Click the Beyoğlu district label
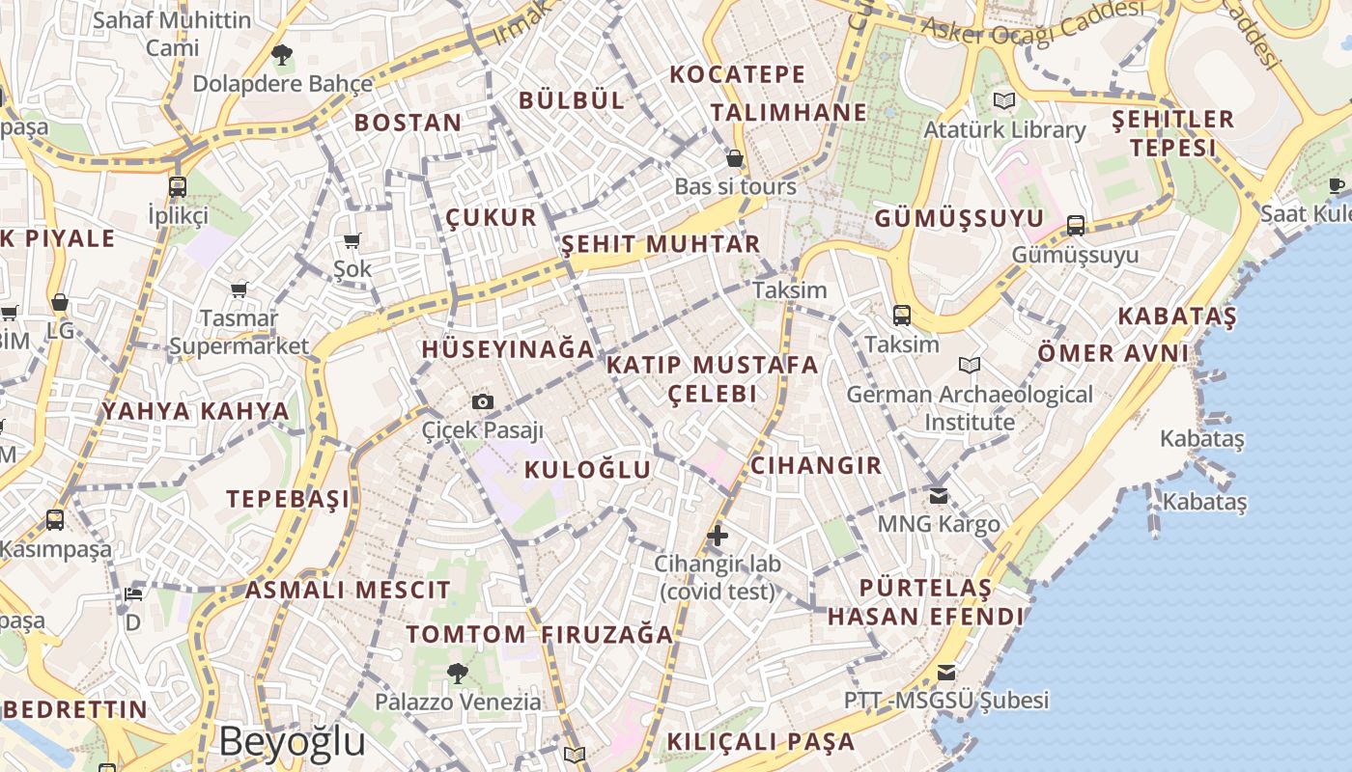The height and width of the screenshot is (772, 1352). point(292,741)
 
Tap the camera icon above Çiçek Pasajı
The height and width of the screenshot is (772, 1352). point(483,401)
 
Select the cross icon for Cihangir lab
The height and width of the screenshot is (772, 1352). point(717,535)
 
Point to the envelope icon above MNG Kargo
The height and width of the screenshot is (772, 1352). point(939,495)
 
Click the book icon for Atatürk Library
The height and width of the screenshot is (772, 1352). point(1004,100)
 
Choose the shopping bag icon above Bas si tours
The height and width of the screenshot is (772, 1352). point(735,158)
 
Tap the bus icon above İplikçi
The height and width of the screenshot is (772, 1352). point(178,187)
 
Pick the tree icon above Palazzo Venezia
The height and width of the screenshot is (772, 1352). point(458,673)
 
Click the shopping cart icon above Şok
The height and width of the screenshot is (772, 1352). point(352,240)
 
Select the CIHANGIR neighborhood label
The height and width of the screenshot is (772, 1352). point(816,466)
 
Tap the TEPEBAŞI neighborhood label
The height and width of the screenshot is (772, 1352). point(288,499)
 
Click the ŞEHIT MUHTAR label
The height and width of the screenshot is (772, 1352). point(661,244)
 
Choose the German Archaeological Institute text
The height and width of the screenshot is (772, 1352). point(970,408)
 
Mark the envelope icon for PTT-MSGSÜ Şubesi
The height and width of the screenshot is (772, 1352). point(946,672)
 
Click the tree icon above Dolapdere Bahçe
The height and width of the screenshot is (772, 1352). point(281,55)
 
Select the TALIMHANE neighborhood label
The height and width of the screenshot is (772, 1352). point(789,113)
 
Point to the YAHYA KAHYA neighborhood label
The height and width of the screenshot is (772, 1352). point(195,412)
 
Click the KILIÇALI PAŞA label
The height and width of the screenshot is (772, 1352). point(761,742)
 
